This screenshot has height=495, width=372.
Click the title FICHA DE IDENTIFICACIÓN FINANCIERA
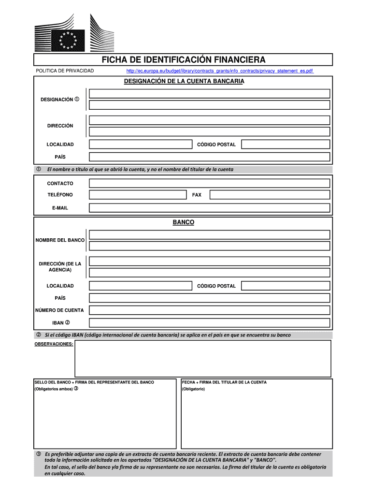pos(183,60)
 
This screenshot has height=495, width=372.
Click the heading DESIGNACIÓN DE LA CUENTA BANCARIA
pos(184,82)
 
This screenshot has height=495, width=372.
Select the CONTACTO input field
pos(209,183)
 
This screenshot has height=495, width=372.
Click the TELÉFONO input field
pos(138,195)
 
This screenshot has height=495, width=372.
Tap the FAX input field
pos(270,195)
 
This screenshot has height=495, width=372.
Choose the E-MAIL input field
pos(209,207)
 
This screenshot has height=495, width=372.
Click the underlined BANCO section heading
pos(184,222)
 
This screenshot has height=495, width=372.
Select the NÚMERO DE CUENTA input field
pos(209,310)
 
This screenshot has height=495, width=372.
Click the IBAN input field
pos(209,322)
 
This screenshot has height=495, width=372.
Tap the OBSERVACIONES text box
pos(202,358)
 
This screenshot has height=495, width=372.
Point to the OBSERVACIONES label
pos(54,344)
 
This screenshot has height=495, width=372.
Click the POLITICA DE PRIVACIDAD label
pos(65,72)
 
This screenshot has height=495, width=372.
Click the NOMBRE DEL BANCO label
pos(60,240)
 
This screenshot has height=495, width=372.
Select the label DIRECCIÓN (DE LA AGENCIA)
pos(60,266)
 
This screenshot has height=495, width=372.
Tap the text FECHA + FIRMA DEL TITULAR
pos(224,382)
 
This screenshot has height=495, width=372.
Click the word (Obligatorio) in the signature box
pos(193,389)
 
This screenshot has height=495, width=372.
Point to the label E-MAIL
pos(60,208)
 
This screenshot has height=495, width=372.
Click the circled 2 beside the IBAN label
pos(68,322)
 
